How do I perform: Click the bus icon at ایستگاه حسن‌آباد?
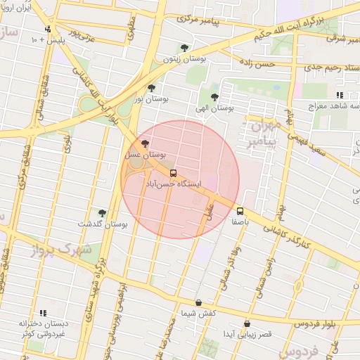173,173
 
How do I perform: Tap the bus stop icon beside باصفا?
240,211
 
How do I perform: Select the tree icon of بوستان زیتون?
184,49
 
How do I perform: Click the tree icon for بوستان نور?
151,89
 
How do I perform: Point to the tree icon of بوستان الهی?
214,98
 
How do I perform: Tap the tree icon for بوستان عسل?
145,143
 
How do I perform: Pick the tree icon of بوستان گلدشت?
102,212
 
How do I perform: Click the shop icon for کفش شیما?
198,303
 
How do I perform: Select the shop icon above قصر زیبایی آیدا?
246,323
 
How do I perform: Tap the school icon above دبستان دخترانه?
43,313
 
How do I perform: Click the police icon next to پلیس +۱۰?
47,30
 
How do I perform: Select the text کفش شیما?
198,313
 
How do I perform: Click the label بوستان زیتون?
184,60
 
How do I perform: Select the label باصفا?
241,221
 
